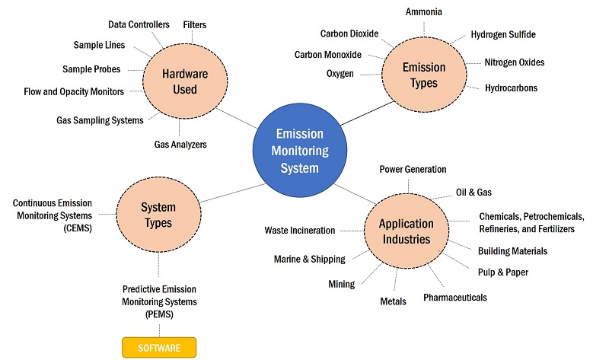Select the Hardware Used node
pyautogui.click(x=179, y=82)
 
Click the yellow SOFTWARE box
pyautogui.click(x=159, y=348)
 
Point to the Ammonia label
pyautogui.click(x=424, y=12)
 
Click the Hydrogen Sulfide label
pyautogui.click(x=503, y=34)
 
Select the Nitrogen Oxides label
pyautogui.click(x=515, y=62)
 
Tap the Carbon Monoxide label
pyautogui.click(x=328, y=55)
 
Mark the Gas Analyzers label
pyautogui.click(x=180, y=144)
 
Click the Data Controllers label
pyautogui.click(x=139, y=25)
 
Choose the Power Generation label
pyautogui.click(x=413, y=169)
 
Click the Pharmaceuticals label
pyautogui.click(x=455, y=297)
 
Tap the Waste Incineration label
pyautogui.click(x=300, y=230)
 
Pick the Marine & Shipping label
pyautogui.click(x=309, y=259)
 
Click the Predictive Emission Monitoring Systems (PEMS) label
pyautogui.click(x=159, y=301)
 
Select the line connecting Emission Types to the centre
pyautogui.click(x=358, y=113)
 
